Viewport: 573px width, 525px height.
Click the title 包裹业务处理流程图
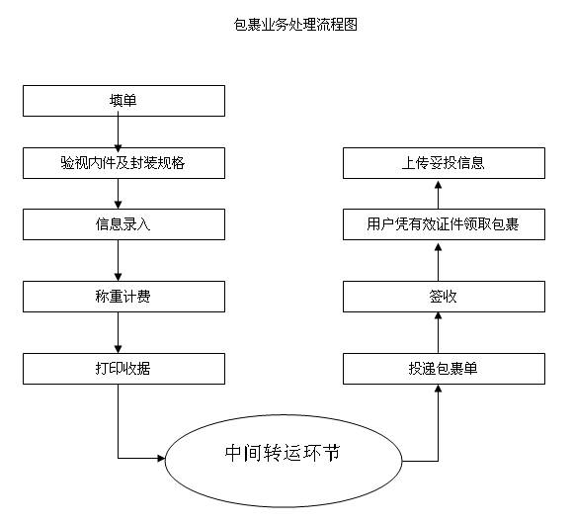pos(295,25)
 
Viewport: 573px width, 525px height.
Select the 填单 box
pos(123,101)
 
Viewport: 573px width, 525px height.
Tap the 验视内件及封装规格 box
pos(123,163)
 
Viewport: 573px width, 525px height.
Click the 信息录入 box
pos(123,224)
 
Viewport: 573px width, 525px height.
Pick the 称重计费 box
pos(123,297)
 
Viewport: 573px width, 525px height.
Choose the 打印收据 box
pos(123,369)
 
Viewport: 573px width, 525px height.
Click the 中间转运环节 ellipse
pos(284,461)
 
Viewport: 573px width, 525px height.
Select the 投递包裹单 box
pos(444,369)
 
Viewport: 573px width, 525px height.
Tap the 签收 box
pos(444,297)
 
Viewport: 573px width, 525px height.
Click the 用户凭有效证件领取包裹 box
pos(444,224)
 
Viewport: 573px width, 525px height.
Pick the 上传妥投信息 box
pos(444,163)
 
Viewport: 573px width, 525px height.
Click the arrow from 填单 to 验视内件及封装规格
pos(118,131)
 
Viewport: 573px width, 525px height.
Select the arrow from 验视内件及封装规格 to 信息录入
pos(118,194)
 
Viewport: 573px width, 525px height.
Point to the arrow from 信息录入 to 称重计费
pos(118,260)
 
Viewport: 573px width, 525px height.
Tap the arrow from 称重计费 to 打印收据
pos(118,332)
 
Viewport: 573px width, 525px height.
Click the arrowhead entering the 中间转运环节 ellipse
pos(161,458)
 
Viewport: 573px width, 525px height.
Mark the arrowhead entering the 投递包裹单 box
pos(439,389)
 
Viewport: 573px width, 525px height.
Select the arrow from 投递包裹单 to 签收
pos(439,332)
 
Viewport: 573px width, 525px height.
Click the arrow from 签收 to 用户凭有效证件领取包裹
pos(439,260)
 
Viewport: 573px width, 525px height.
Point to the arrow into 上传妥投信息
pos(439,195)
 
